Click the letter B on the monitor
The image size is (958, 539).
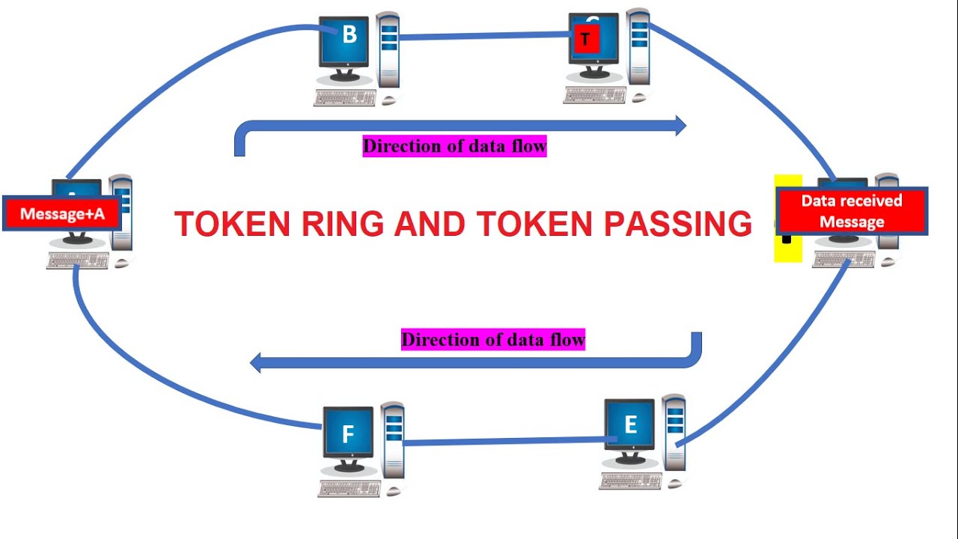(350, 35)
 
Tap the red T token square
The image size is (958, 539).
(586, 39)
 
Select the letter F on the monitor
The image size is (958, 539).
(347, 434)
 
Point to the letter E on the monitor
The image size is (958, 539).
(630, 425)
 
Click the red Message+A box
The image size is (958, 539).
(62, 214)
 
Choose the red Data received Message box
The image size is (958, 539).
(852, 211)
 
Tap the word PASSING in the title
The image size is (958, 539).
(677, 224)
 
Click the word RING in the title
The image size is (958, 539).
(343, 224)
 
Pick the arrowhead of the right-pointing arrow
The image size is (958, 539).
(680, 126)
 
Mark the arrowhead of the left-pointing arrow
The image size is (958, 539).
(255, 364)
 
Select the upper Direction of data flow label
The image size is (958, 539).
(454, 146)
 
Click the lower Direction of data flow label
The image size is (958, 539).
(492, 340)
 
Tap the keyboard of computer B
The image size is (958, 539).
(345, 97)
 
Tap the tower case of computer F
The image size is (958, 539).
(393, 442)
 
